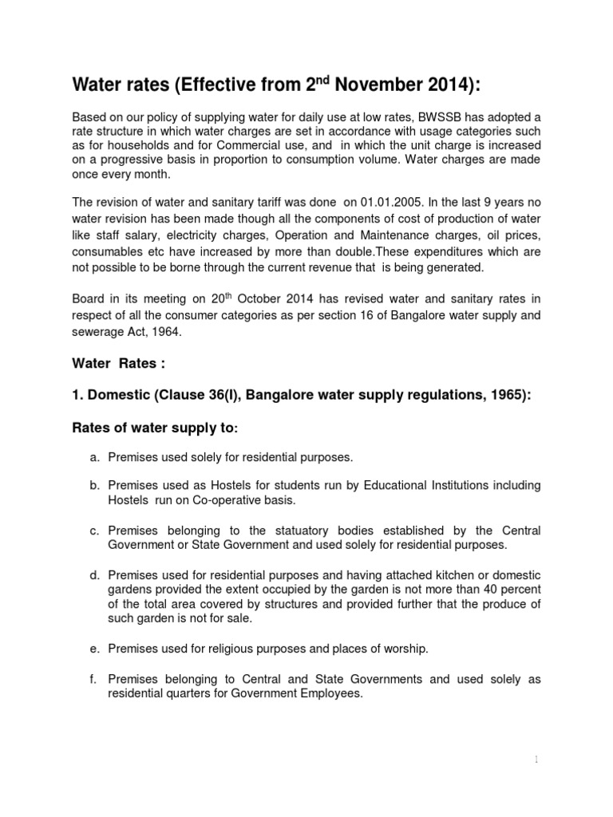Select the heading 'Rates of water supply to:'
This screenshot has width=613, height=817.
(156, 428)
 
